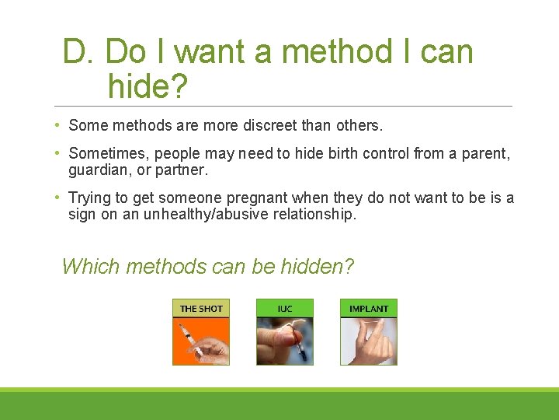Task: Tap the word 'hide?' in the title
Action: coord(148,86)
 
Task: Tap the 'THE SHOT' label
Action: coord(201,309)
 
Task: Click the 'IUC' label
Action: coord(285,309)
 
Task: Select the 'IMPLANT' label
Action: coord(369,309)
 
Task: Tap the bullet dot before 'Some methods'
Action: coord(59,125)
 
